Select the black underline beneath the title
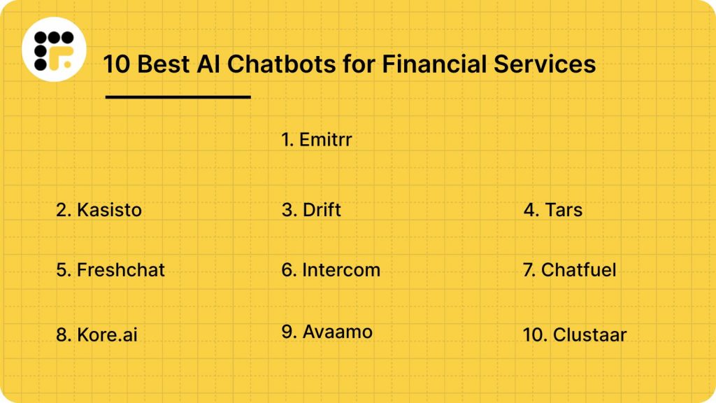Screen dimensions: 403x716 [x=178, y=97]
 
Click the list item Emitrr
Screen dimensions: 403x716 [x=317, y=140]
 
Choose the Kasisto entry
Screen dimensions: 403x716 [x=99, y=209]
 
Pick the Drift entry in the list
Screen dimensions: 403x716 [x=311, y=209]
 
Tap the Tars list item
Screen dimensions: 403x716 [x=552, y=209]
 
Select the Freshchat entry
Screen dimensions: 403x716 [x=110, y=269]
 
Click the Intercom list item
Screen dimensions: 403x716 [x=331, y=269]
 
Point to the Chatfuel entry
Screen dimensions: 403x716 [x=569, y=269]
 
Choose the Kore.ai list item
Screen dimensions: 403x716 [x=96, y=334]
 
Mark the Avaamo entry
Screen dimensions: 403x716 [x=327, y=332]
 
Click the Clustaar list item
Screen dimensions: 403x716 [x=574, y=334]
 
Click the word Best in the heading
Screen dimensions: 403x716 [x=160, y=64]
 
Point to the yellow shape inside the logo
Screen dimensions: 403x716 [x=65, y=62]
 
